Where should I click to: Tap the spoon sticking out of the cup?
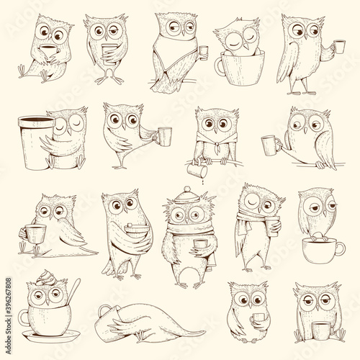[x=73, y=291]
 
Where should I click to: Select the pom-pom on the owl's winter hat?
[x=187, y=189]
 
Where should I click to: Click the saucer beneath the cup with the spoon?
[x=51, y=336]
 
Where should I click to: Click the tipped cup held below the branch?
[x=197, y=170]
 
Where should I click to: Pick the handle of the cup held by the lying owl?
[x=104, y=310]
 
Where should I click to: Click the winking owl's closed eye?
[x=252, y=202]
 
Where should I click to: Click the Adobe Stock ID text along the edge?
[x=8, y=316]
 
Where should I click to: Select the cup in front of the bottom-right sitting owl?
[x=320, y=330]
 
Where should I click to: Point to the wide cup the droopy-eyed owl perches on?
[x=323, y=250]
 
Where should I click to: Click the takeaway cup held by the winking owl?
[x=273, y=225]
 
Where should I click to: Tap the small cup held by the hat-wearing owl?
[x=201, y=244]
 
